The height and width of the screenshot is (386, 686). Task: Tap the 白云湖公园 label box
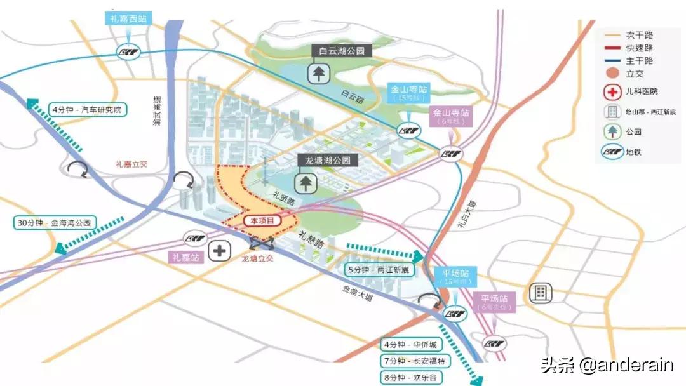coord(341,51)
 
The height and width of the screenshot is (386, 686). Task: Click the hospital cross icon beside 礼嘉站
coord(220,251)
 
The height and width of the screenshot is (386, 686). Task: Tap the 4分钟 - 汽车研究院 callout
coord(88,110)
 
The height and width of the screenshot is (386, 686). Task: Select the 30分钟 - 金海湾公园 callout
coord(55,223)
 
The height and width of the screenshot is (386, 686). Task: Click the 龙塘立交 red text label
coord(257,259)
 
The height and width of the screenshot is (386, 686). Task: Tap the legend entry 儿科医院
coord(642,92)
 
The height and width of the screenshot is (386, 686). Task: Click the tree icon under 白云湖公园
coord(318,74)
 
